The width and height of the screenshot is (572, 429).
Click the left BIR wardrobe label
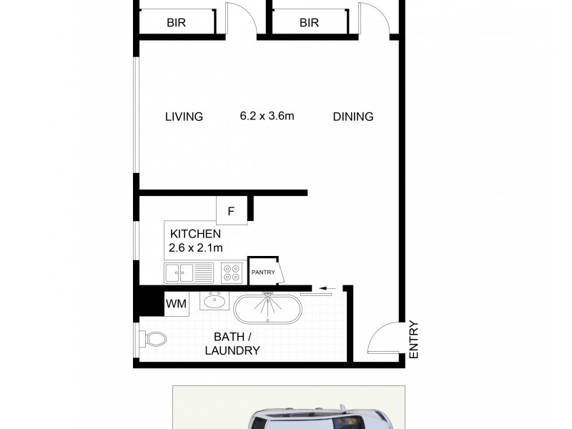(x=176, y=23)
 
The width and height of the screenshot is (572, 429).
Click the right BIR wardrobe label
(x=309, y=23)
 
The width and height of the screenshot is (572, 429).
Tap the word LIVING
(x=184, y=117)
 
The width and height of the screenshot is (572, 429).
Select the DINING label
(x=353, y=117)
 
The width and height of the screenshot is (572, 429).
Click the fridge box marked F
(x=231, y=211)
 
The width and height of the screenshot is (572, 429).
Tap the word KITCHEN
(x=195, y=234)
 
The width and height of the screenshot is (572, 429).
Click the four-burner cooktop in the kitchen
(x=232, y=272)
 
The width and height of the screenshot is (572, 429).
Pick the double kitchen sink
(x=189, y=272)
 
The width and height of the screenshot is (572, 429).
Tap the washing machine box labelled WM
(x=176, y=304)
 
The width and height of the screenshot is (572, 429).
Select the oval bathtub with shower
(x=268, y=307)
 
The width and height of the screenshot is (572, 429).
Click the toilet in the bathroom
(x=152, y=339)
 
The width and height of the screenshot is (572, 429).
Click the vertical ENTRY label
(x=413, y=338)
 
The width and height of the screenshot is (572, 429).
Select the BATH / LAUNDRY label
(x=232, y=344)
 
